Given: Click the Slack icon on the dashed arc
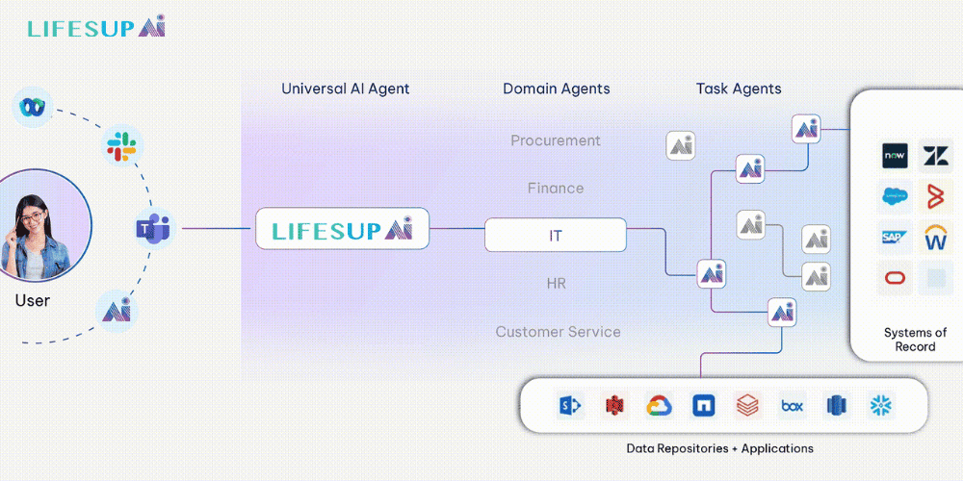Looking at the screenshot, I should pos(121,147).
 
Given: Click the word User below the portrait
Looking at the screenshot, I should pos(32,301).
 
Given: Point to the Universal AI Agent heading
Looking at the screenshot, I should pos(345,89).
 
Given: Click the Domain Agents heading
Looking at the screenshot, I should pos(556,89).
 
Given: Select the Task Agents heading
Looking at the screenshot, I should pos(739,89).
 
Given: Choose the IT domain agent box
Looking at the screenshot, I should pos(555,235).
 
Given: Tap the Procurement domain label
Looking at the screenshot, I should pos(555,140).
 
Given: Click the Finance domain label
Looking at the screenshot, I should pos(555,188).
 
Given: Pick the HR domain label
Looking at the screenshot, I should pos(555,284).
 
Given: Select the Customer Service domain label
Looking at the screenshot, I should pos(558,332).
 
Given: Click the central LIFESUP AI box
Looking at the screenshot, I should pos(342,229).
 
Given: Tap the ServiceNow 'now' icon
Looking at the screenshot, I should pos(896,155).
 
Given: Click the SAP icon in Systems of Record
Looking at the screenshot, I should pos(896,236).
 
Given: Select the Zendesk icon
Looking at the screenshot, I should pos(935,155).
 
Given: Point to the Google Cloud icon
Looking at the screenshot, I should pos(659,406).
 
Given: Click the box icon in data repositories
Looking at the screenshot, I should pos(792,406).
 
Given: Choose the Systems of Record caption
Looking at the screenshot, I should pos(914,340).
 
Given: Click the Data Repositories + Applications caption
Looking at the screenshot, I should pos(719,448).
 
